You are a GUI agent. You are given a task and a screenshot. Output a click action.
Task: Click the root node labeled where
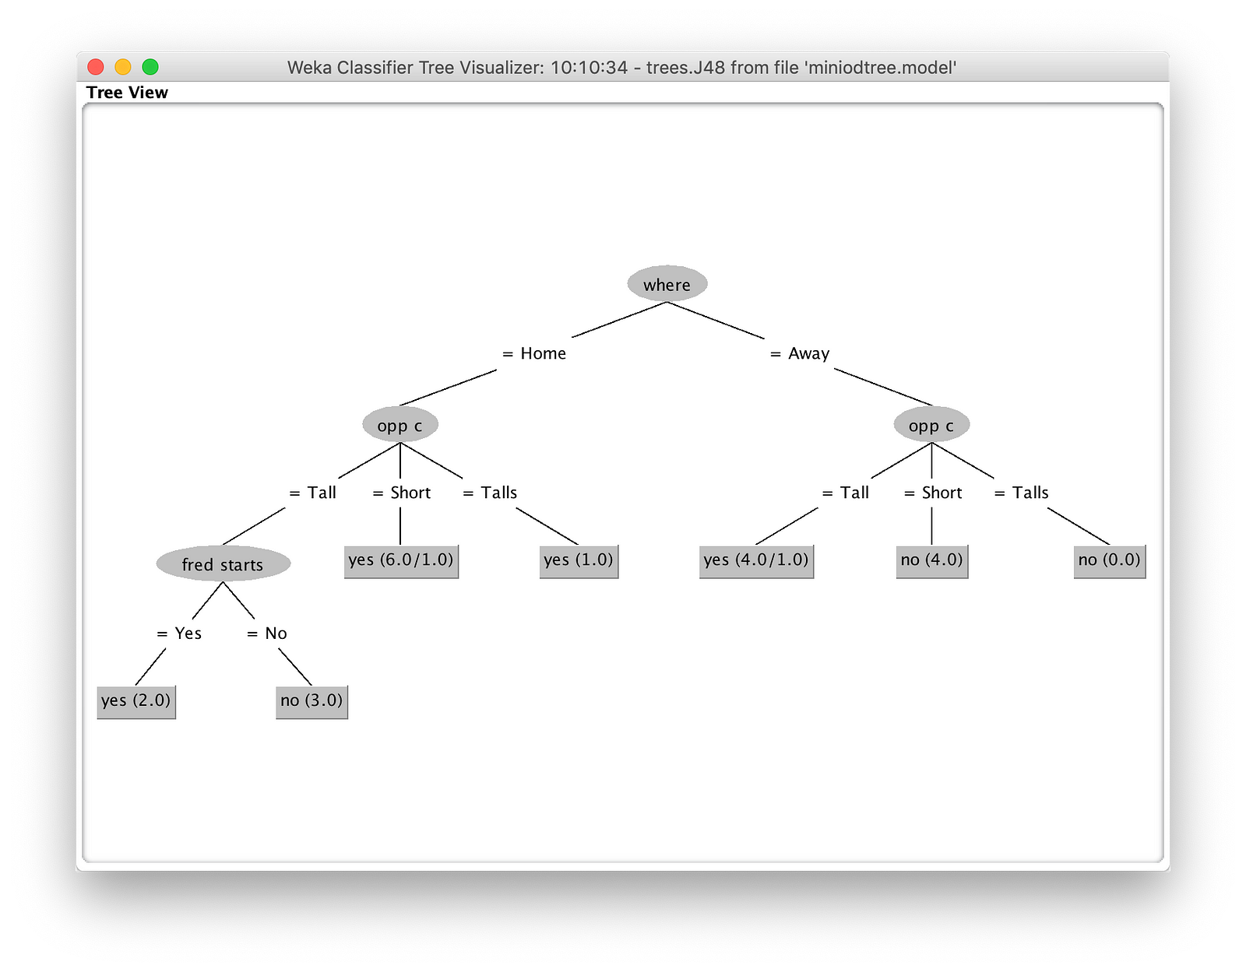pyautogui.click(x=667, y=283)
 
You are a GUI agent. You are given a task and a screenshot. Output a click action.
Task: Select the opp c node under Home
pyautogui.click(x=400, y=424)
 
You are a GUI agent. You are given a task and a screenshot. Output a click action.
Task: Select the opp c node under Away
pyautogui.click(x=931, y=424)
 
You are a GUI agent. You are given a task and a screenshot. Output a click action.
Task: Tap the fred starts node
pyautogui.click(x=223, y=563)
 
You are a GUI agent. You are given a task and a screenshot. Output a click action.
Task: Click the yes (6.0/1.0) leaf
pyautogui.click(x=401, y=561)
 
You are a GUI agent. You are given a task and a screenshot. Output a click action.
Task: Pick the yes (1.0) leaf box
pyautogui.click(x=579, y=561)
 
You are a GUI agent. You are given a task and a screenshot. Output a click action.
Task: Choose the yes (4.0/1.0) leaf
pyautogui.click(x=756, y=561)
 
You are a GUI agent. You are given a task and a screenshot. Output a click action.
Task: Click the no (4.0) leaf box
pyautogui.click(x=932, y=561)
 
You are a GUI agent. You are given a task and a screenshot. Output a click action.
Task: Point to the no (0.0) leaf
pyautogui.click(x=1110, y=561)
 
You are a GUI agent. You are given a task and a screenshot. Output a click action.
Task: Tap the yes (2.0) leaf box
pyautogui.click(x=136, y=702)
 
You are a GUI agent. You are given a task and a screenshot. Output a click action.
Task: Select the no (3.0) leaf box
pyautogui.click(x=311, y=702)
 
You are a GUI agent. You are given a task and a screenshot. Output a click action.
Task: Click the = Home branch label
pyautogui.click(x=534, y=353)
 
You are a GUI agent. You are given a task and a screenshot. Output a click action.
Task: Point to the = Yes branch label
pyautogui.click(x=179, y=633)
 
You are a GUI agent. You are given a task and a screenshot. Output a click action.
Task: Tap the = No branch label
pyautogui.click(x=266, y=633)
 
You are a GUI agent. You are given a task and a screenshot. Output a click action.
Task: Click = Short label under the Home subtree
pyautogui.click(x=401, y=493)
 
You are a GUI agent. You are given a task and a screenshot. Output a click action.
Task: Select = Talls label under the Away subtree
pyautogui.click(x=1021, y=493)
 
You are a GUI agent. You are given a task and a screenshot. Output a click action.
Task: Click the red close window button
pyautogui.click(x=96, y=67)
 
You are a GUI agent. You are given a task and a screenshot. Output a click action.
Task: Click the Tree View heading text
pyautogui.click(x=127, y=92)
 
